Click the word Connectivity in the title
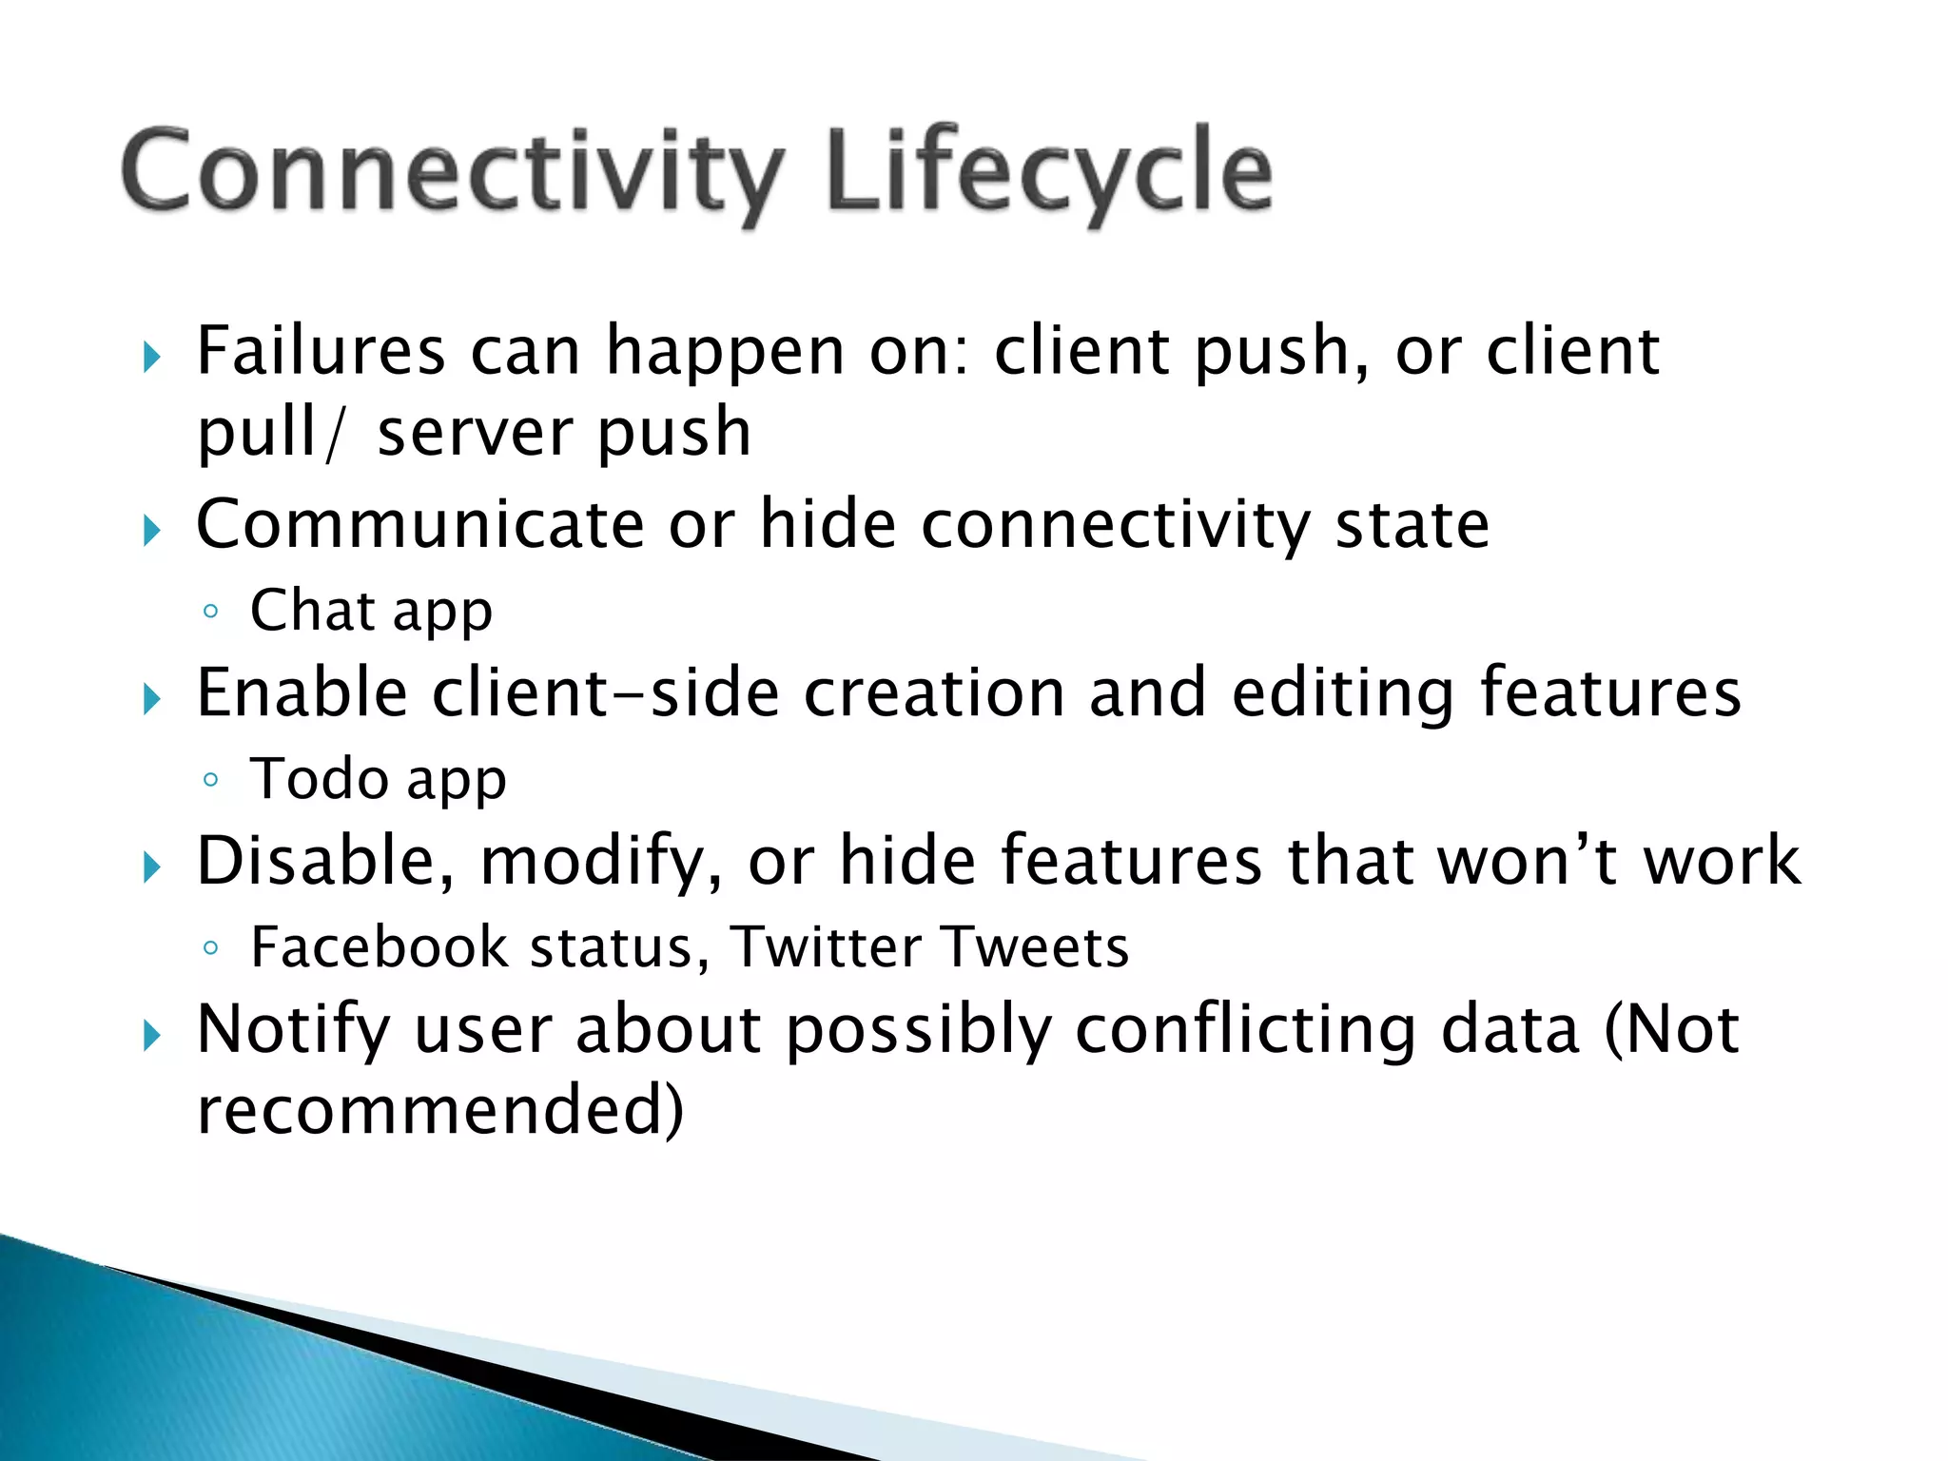click(452, 171)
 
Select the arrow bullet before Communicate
click(152, 530)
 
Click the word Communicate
click(419, 525)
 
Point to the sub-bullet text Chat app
click(371, 611)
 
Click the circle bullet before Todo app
click(211, 780)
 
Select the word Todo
click(319, 779)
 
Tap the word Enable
click(302, 692)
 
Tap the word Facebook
click(380, 947)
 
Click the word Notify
click(293, 1031)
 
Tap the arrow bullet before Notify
click(152, 1036)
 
